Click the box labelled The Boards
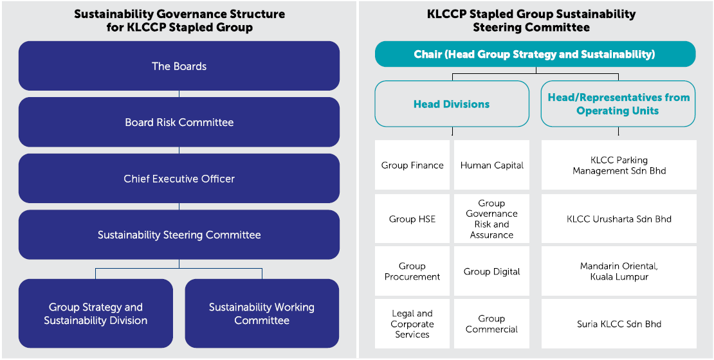tap(179, 66)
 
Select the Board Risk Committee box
tap(179, 122)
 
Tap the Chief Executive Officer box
tap(179, 179)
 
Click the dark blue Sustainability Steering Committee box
tap(179, 235)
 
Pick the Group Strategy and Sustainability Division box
tap(96, 314)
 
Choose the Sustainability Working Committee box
tap(262, 314)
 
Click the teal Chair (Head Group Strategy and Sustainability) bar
tap(535, 55)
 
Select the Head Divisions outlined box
tap(452, 104)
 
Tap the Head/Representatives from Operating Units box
tap(618, 104)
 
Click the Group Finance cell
tap(412, 165)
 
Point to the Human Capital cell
tap(491, 165)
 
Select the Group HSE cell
tap(412, 219)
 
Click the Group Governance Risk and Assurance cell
tap(491, 219)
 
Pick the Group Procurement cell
tap(412, 271)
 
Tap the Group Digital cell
tap(491, 271)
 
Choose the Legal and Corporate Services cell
tap(412, 324)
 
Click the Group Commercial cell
tap(491, 324)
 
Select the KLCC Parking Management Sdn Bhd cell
tap(619, 165)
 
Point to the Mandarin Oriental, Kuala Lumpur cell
tap(619, 271)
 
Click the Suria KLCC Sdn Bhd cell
tap(619, 324)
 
